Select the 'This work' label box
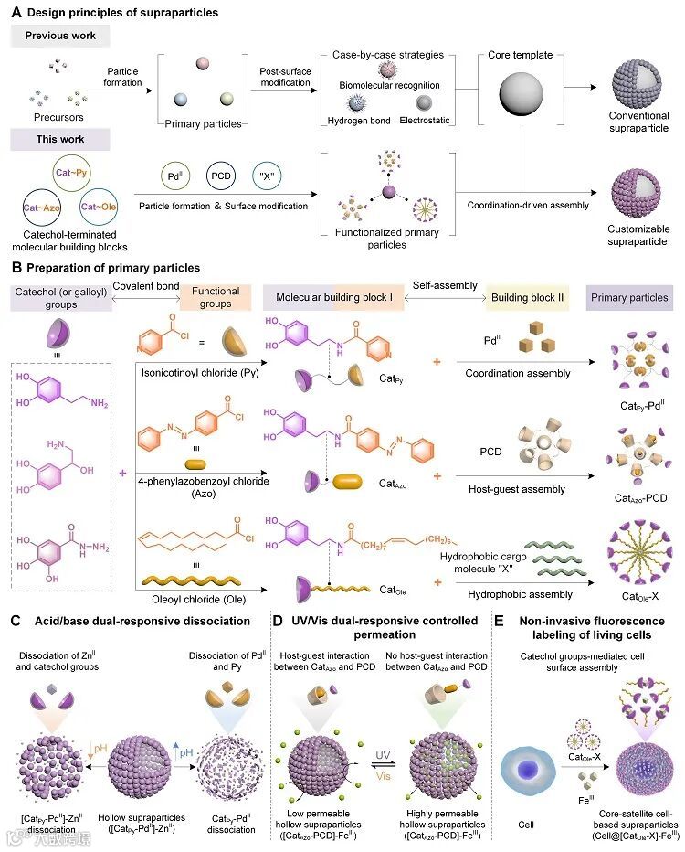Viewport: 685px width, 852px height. (x=60, y=139)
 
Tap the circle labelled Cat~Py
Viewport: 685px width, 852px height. (x=70, y=172)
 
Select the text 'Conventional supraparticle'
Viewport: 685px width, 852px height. (x=638, y=122)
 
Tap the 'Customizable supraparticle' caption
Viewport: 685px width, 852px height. (x=638, y=235)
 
